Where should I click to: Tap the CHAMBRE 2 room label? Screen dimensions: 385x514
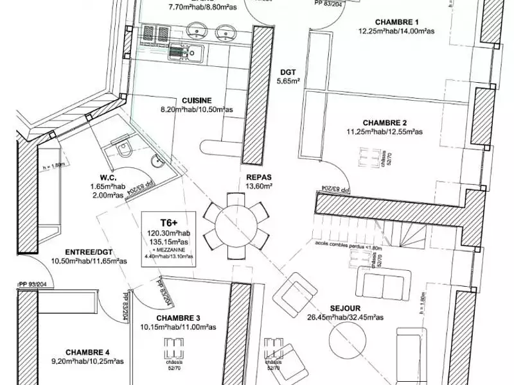point(384,123)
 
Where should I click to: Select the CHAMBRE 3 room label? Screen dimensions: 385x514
point(178,318)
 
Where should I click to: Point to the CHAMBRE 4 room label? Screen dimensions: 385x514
point(87,352)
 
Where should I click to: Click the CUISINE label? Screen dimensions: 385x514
point(197,101)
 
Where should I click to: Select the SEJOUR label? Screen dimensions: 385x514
point(346,307)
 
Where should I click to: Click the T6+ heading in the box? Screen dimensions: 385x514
point(166,219)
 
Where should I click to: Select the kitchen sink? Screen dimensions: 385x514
point(186,54)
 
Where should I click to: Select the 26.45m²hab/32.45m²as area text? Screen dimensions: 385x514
point(346,317)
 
